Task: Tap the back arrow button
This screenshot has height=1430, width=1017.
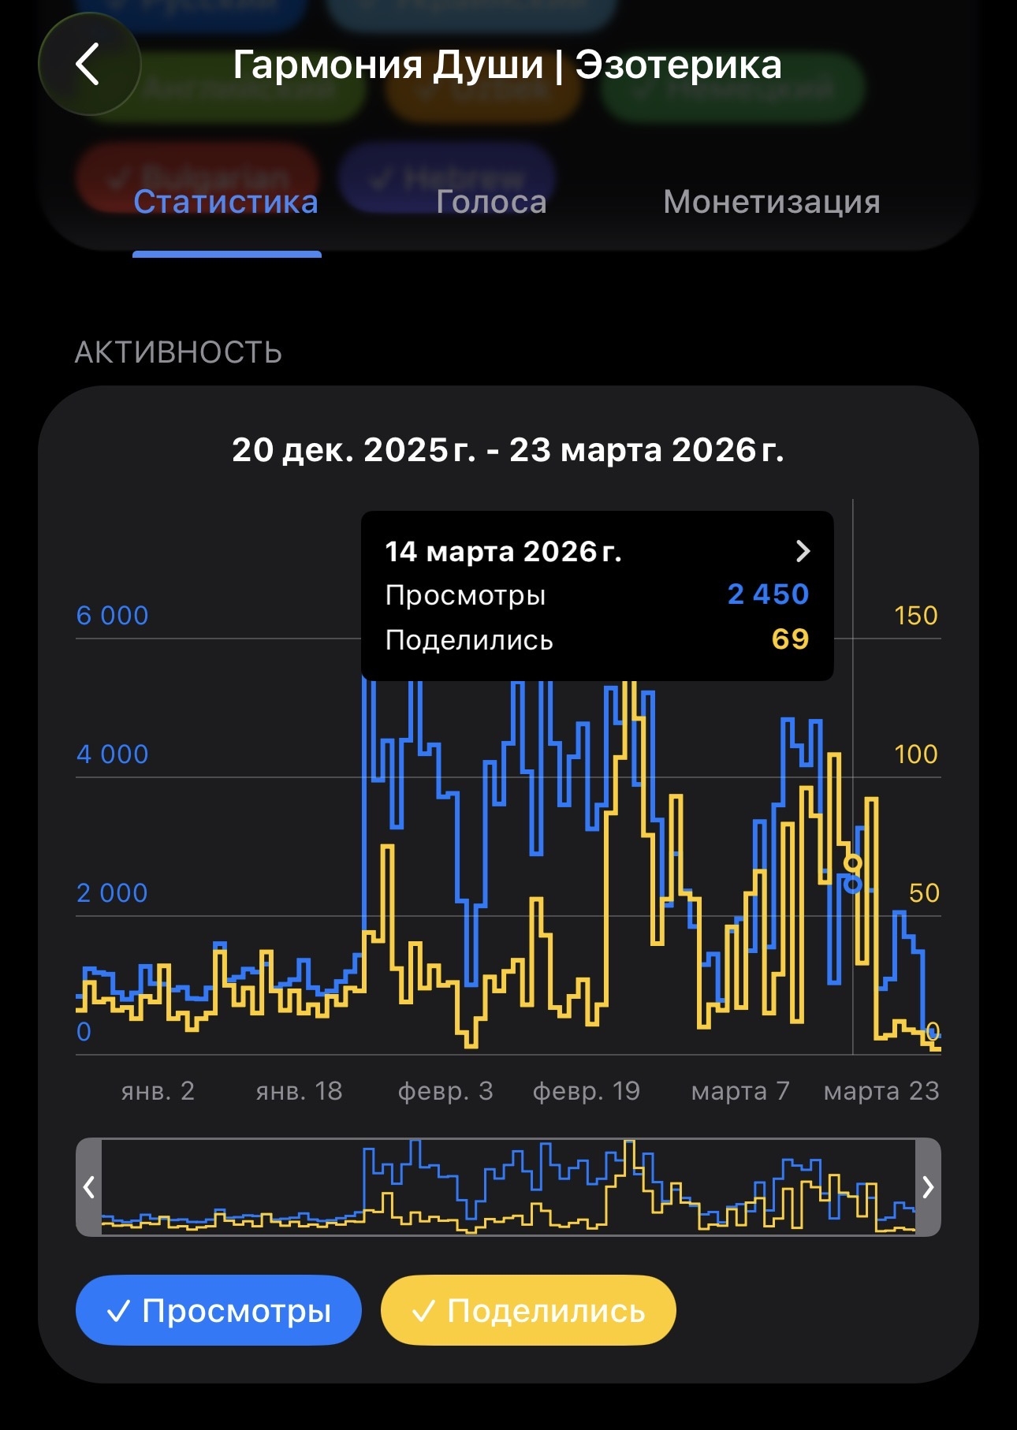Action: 88,64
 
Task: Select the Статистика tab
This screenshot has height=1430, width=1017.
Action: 226,203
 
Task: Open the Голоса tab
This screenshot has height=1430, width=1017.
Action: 491,203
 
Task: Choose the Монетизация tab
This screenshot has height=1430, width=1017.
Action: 771,203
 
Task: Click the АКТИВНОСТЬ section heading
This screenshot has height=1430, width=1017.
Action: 178,352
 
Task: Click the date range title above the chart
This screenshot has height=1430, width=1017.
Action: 508,450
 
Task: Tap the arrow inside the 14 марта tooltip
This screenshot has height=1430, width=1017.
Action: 803,551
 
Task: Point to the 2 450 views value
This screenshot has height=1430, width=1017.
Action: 768,594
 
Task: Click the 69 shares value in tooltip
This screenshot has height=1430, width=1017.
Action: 790,639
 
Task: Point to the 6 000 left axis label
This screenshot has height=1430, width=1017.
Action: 112,616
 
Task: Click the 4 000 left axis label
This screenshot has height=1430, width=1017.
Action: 112,754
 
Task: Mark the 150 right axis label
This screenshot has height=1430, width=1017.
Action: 915,616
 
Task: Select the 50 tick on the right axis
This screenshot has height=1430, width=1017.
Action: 924,893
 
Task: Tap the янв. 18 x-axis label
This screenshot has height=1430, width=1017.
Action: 299,1091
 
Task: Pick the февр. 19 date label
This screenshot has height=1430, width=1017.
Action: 586,1091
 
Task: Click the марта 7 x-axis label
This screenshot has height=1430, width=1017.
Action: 740,1091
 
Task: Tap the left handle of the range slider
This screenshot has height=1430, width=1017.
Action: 89,1186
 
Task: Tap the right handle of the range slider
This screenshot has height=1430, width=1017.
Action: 928,1186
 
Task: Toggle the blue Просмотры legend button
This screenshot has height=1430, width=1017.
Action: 218,1311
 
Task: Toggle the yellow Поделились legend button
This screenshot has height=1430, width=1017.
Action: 528,1311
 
